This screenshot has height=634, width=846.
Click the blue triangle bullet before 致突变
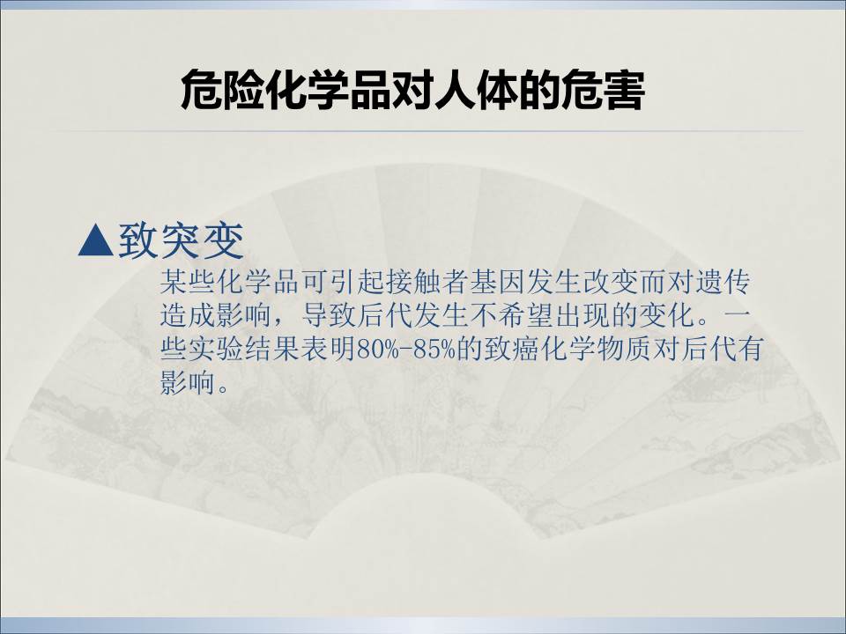(95, 240)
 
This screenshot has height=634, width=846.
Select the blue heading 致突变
(182, 240)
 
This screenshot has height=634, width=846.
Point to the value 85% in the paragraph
(434, 350)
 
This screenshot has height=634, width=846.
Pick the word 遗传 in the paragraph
(723, 282)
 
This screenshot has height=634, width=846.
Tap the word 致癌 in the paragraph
(511, 349)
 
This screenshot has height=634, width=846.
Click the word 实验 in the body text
(216, 349)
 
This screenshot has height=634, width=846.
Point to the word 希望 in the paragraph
(525, 315)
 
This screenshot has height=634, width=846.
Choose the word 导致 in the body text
(328, 315)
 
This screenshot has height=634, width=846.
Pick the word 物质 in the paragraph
(624, 349)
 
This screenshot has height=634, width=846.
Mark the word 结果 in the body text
(272, 349)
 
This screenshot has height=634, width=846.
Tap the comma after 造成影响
(279, 323)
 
